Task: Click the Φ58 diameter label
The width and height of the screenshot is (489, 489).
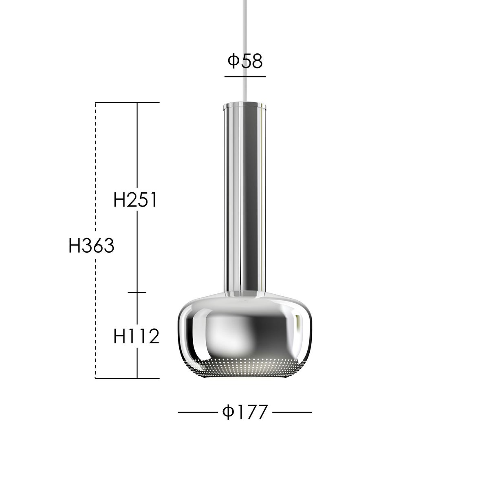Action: pos(245,62)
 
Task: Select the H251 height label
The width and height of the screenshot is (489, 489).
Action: pos(135,200)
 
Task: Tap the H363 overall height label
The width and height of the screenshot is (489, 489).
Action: pos(91,245)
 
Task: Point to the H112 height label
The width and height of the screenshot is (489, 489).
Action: pos(136,337)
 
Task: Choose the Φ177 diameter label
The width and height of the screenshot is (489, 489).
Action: pos(245,412)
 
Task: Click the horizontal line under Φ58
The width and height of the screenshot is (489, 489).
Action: pos(245,76)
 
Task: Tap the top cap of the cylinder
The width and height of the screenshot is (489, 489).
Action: pos(244,106)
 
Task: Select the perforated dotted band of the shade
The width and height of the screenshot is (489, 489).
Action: pos(244,368)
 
